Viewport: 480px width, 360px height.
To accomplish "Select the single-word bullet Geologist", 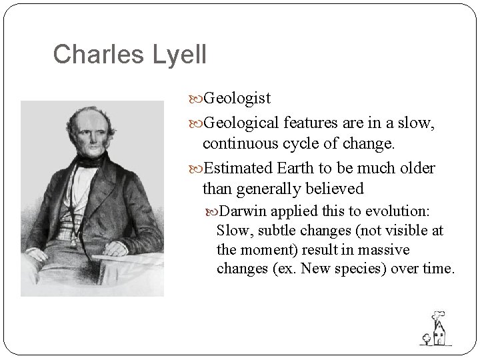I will (237, 99).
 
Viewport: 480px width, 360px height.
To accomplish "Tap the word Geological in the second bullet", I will (241, 121).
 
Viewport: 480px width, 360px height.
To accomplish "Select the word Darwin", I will (242, 211).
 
